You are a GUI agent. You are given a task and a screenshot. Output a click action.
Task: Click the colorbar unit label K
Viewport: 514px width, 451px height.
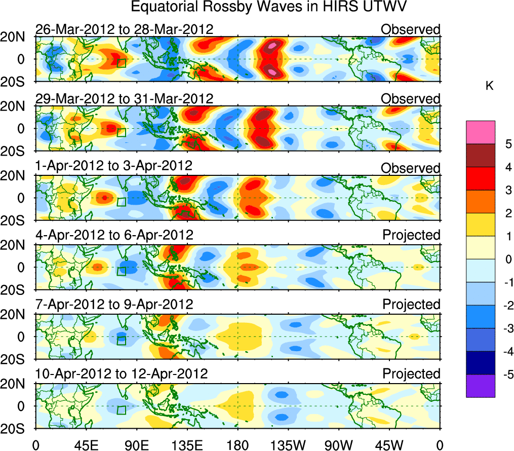point(489,86)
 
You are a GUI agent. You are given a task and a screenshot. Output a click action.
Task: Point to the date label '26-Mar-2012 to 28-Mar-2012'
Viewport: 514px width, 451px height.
point(124,29)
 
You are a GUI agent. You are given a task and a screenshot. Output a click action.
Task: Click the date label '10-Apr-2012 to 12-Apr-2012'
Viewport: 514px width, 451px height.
point(122,374)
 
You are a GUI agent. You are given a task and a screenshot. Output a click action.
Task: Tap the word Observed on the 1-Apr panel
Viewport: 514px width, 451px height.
point(411,168)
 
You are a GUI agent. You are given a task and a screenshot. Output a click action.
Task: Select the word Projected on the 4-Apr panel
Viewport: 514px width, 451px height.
point(411,235)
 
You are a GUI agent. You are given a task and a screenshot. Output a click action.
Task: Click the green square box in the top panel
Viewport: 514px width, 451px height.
point(121,63)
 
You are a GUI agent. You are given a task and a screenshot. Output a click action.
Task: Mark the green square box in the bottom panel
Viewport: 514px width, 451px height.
point(121,410)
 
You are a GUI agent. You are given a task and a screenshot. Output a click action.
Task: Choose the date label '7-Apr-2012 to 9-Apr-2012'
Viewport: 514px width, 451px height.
point(114,305)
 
